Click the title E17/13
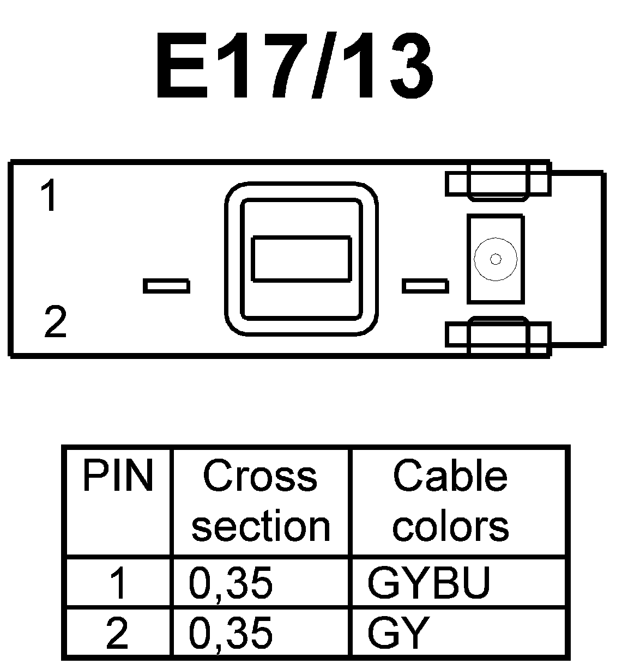(x=294, y=66)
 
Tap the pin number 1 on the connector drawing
(x=49, y=197)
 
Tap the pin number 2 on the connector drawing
(x=55, y=322)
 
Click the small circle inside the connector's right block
(x=495, y=259)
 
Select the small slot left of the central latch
(x=166, y=286)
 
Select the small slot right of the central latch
(x=425, y=286)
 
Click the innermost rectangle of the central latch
(x=301, y=259)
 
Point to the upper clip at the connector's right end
(x=498, y=184)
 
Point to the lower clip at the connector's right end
(x=498, y=334)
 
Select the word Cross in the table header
(x=259, y=476)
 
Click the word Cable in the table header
(x=450, y=476)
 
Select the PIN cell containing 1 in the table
(x=118, y=583)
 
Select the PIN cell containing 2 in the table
(x=118, y=632)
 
